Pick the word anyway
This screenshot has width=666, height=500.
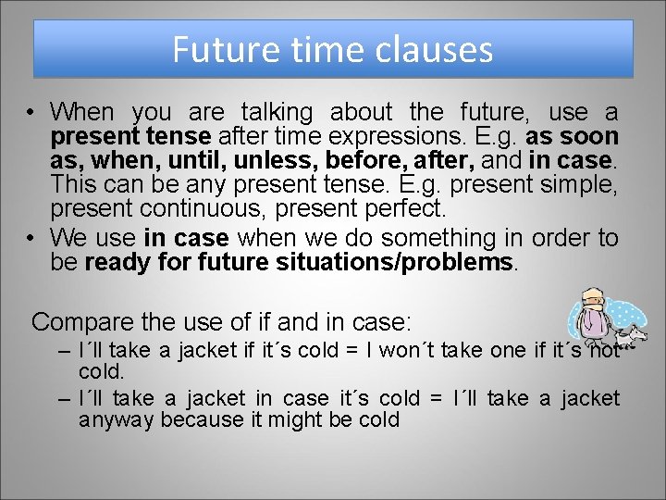(116, 419)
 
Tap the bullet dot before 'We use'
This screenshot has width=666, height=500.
(31, 239)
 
